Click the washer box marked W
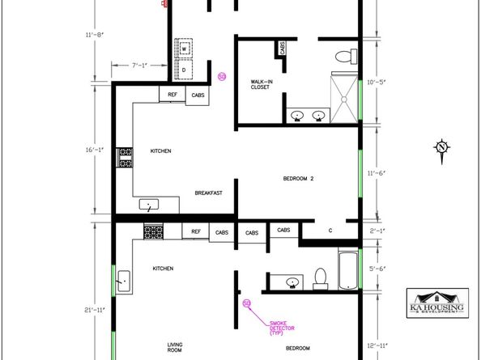click(183, 49)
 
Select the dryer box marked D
click(183, 70)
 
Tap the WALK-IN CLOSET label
click(261, 85)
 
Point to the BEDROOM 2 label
click(297, 178)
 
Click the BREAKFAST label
click(208, 193)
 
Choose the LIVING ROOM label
click(174, 349)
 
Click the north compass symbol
click(441, 146)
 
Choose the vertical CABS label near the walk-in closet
click(283, 48)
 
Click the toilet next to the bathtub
click(320, 277)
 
